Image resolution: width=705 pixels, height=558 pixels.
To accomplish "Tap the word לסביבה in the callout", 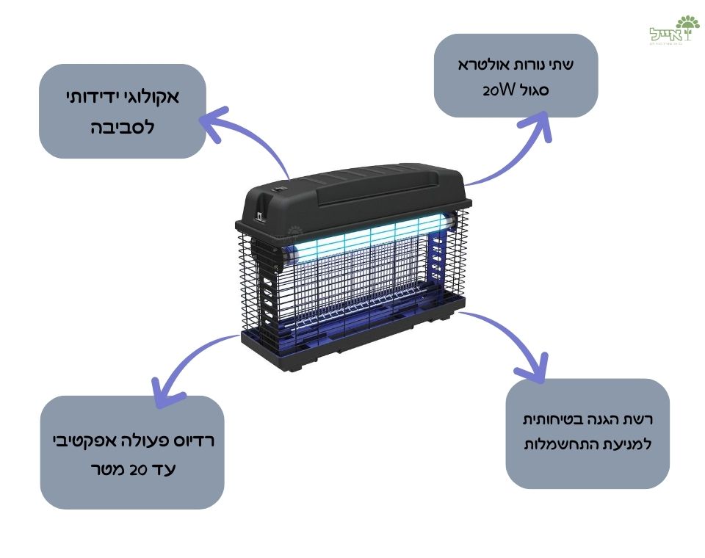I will (x=122, y=126).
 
